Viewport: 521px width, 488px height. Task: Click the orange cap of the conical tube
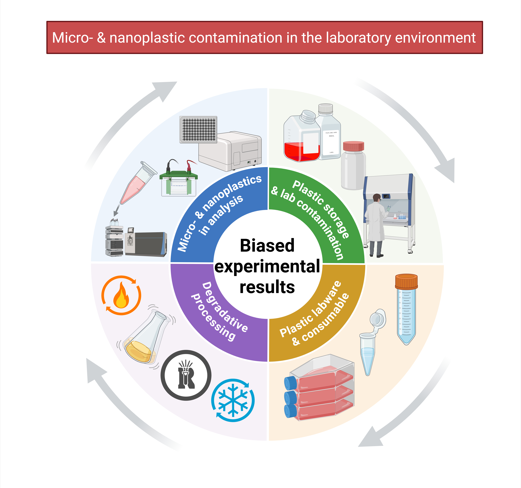click(406, 282)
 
